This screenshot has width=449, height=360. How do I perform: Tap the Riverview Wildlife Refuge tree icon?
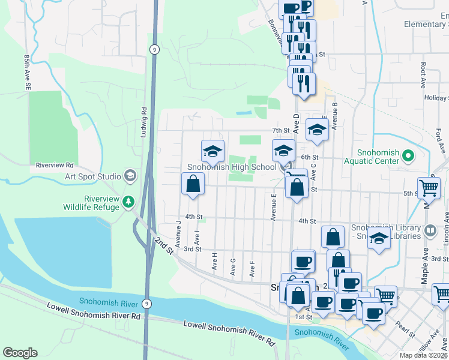click(128, 202)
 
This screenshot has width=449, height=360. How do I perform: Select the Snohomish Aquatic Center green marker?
click(409, 157)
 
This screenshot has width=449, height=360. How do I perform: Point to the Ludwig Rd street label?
click(144, 122)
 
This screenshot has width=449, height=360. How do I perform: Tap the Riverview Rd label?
click(55, 165)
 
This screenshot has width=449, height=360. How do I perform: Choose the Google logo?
click(20, 353)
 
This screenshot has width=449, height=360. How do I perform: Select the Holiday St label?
click(436, 97)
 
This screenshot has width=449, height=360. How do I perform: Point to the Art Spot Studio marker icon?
click(130, 176)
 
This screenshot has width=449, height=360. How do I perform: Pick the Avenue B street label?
click(335, 115)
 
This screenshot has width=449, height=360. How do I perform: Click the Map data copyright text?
click(424, 355)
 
